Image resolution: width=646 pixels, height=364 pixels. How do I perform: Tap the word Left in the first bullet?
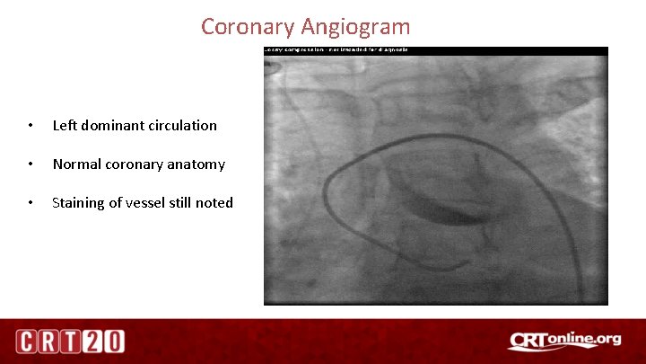pos(64,126)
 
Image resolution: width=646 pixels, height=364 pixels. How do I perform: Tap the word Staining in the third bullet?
pos(80,203)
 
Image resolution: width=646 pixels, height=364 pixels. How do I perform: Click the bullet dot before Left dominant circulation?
pos(31,126)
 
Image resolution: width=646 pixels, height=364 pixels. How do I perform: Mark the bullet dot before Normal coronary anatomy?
pos(31,164)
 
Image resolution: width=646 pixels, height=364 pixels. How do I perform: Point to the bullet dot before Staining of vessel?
pos(31,203)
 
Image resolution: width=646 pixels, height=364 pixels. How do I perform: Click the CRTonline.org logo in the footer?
pos(564,341)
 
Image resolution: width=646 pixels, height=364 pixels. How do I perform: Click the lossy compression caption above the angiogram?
pos(336,50)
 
